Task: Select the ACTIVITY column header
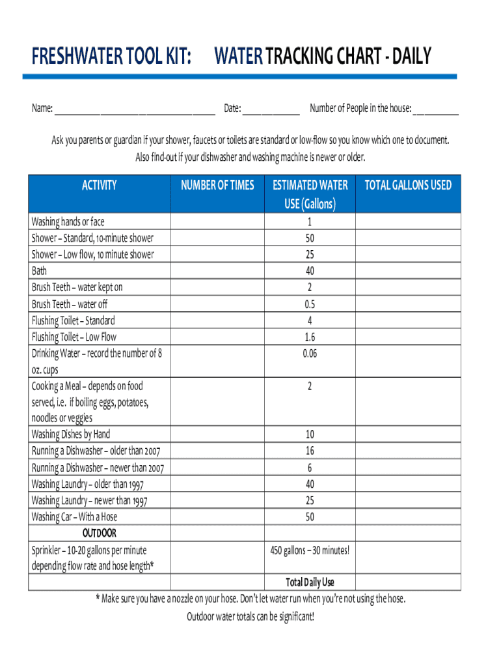point(100,186)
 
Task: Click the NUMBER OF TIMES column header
point(217,186)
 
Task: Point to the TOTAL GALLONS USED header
point(408,186)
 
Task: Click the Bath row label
point(40,270)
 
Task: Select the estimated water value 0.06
point(310,354)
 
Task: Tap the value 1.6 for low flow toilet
point(310,337)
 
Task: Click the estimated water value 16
point(310,451)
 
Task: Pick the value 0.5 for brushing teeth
point(310,304)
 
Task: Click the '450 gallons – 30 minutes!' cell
point(310,550)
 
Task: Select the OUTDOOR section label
point(100,533)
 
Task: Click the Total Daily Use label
point(310,582)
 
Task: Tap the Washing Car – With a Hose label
point(75,517)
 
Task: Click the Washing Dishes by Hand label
point(71,434)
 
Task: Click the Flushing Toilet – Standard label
point(74,320)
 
